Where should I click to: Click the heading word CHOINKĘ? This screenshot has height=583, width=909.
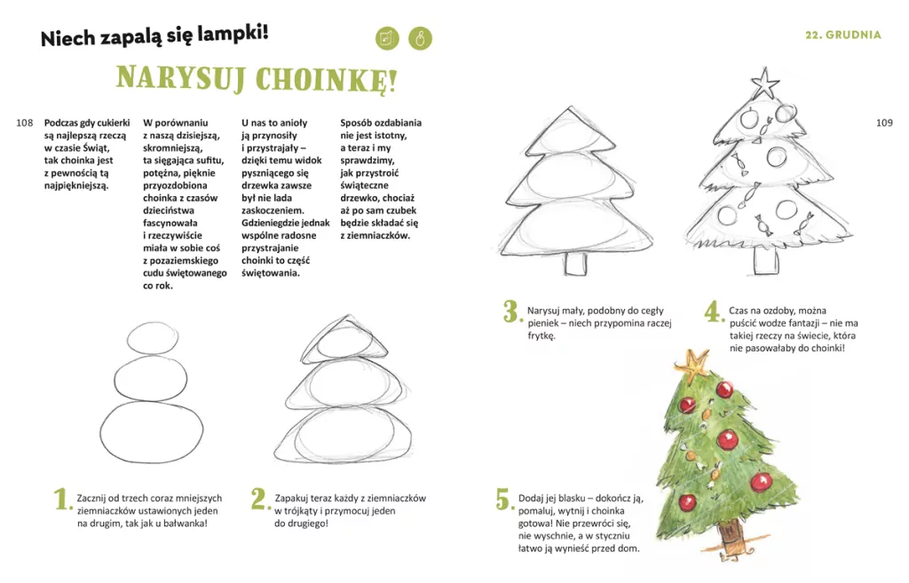pos(327,80)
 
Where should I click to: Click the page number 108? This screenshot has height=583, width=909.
pos(24,122)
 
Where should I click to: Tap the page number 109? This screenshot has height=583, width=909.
pos(884,122)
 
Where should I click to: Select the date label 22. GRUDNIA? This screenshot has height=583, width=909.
pos(843,35)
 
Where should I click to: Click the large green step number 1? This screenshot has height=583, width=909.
pos(62,499)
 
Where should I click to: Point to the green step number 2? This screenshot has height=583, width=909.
pos(260,499)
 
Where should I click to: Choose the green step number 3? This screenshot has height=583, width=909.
pos(512,311)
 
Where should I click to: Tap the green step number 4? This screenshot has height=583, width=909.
pos(714,311)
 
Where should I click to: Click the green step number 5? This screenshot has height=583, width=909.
pos(504,499)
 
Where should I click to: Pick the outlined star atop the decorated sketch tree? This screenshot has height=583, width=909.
pos(765,83)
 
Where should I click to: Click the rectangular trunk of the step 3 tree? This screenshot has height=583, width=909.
pos(575,264)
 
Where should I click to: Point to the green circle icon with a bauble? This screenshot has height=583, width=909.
pos(420,39)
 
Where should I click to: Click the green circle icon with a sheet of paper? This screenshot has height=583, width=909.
pos(387,39)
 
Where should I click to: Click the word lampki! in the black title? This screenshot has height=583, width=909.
pos(233,34)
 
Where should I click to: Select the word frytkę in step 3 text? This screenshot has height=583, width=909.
pos(541,335)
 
